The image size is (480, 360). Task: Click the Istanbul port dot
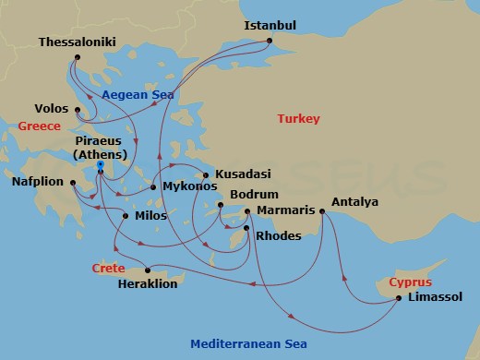point(270,41)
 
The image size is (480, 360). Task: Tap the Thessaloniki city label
point(79,42)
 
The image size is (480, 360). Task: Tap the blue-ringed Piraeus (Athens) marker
point(100,166)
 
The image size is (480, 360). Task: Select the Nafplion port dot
point(72,182)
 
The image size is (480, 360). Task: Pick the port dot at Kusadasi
point(205,174)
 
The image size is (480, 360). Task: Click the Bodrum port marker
point(220,205)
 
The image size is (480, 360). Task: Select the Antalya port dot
point(322,211)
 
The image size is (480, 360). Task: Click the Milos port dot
point(125,216)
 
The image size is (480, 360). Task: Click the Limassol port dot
point(398,297)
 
